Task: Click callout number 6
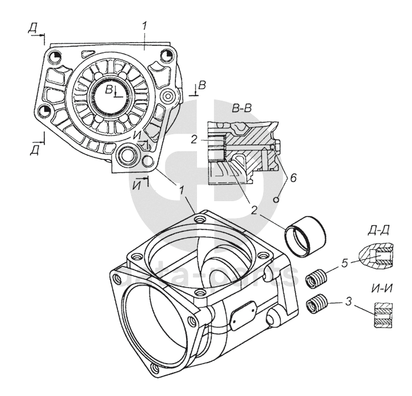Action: coord(293,178)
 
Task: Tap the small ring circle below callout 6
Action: coord(276,199)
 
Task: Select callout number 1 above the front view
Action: coord(146,26)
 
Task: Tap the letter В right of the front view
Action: coord(201,85)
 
